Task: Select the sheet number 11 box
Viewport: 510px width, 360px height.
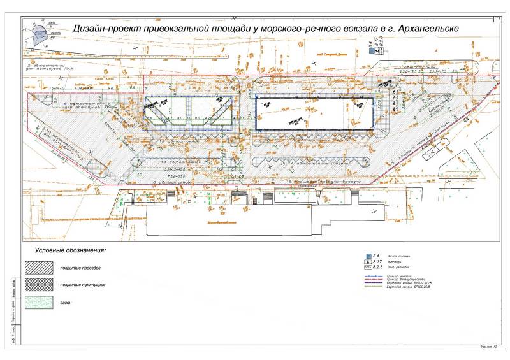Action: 496,20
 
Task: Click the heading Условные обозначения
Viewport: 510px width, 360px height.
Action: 70,252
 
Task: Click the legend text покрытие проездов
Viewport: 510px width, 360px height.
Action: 79,267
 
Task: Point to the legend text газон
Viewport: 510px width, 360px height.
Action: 66,302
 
